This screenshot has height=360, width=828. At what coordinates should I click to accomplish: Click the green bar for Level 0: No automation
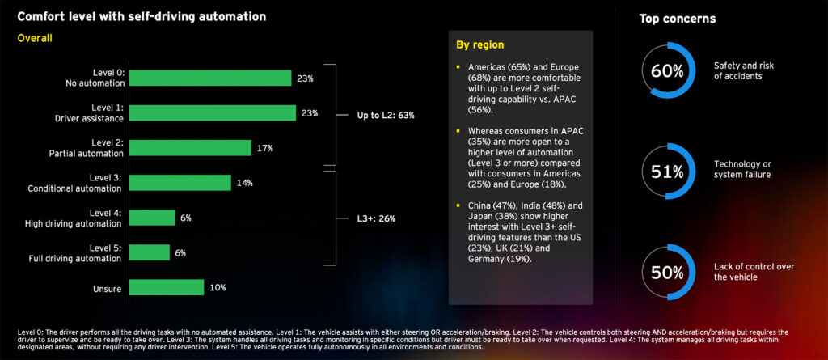point(209,78)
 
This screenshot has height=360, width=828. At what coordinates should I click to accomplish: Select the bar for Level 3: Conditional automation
point(180,183)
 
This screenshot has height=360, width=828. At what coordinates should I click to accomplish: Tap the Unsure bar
point(167,287)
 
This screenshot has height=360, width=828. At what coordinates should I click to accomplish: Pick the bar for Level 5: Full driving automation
point(150,252)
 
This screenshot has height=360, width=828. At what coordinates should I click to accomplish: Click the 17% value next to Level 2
point(266,148)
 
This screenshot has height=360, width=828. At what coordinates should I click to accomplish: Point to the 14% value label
point(245,183)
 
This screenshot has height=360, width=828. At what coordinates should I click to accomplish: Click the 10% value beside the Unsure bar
point(218,287)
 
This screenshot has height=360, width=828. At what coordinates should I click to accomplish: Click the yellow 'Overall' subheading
point(35,37)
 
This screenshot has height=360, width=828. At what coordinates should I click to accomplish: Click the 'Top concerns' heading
point(678,18)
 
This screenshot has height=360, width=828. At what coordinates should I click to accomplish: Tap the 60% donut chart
point(667,70)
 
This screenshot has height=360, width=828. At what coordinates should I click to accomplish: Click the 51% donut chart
point(667,171)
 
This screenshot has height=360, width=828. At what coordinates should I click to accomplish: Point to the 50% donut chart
point(667,272)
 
